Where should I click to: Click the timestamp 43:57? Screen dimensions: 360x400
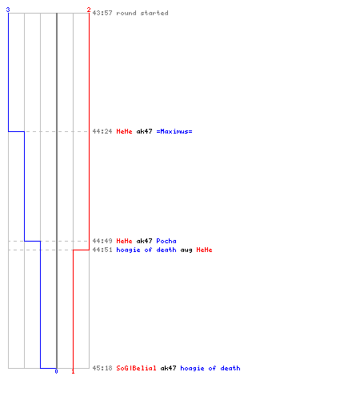(102, 13)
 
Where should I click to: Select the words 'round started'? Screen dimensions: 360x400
(142, 13)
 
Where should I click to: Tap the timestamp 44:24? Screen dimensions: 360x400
(102, 131)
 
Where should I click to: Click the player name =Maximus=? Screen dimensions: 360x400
(174, 131)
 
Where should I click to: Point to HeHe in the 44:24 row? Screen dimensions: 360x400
(124, 131)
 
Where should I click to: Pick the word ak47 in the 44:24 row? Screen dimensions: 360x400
(144, 131)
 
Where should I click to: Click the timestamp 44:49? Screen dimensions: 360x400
(102, 241)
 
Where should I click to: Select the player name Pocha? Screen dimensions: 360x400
(166, 241)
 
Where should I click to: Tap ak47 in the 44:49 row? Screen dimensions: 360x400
(144, 241)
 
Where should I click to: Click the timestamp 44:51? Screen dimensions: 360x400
(102, 250)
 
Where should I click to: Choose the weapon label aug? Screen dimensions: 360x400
(186, 250)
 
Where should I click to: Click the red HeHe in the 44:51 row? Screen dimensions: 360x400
(204, 250)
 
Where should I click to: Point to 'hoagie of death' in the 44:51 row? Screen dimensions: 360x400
(146, 250)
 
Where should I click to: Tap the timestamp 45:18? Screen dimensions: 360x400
(102, 368)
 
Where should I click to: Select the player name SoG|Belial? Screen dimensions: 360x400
(136, 368)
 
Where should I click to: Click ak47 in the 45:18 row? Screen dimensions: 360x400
(168, 368)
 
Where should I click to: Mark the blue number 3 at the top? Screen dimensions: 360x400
(8, 10)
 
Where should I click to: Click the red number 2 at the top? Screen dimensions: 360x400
(89, 10)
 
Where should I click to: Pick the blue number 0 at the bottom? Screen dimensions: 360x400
(56, 371)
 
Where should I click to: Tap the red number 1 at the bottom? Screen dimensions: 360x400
(73, 371)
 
